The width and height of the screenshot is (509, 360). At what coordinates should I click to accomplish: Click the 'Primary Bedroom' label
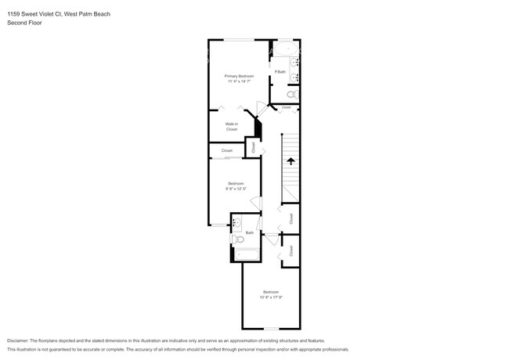point(239,76)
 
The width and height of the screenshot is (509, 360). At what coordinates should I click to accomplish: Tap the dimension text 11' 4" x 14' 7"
point(239,81)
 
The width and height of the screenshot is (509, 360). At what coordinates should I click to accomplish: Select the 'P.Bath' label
point(280,72)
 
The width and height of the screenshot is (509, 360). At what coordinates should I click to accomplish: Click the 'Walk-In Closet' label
point(231,126)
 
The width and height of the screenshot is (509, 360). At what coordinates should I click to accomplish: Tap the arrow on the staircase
point(291,162)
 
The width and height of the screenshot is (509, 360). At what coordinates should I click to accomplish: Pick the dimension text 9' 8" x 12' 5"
point(236,189)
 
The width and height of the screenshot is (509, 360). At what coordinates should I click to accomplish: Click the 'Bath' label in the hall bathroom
point(250,232)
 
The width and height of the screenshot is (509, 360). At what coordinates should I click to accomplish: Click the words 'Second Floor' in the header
point(24,23)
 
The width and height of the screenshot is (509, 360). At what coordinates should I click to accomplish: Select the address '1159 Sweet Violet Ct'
point(35,13)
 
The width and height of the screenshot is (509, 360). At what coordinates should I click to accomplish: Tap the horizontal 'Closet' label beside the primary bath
point(287,107)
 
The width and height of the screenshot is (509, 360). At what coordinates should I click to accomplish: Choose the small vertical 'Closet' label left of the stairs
point(253,146)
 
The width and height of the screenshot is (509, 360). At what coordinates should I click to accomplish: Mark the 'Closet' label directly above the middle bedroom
point(227,150)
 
